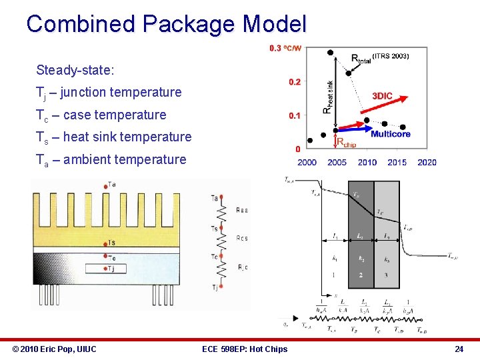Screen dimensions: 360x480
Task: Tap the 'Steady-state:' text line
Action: pyautogui.click(x=75, y=70)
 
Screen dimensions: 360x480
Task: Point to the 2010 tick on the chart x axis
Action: pyautogui.click(x=367, y=162)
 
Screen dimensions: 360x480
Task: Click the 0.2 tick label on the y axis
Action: pyautogui.click(x=295, y=82)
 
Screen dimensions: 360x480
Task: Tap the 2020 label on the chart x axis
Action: pyautogui.click(x=427, y=162)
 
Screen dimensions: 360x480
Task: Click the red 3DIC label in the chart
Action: pyautogui.click(x=382, y=96)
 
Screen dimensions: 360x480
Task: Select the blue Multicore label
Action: pyautogui.click(x=390, y=134)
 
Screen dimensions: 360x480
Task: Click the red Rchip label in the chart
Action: pyautogui.click(x=346, y=142)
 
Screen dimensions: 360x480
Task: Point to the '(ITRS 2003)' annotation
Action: pyautogui.click(x=391, y=56)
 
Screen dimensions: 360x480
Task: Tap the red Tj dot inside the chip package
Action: pyautogui.click(x=105, y=268)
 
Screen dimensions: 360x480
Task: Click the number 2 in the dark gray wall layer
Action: pyautogui.click(x=360, y=275)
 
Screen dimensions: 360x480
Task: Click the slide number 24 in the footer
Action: pyautogui.click(x=459, y=349)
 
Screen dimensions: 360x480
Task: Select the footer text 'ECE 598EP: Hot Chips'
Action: pyautogui.click(x=245, y=349)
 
